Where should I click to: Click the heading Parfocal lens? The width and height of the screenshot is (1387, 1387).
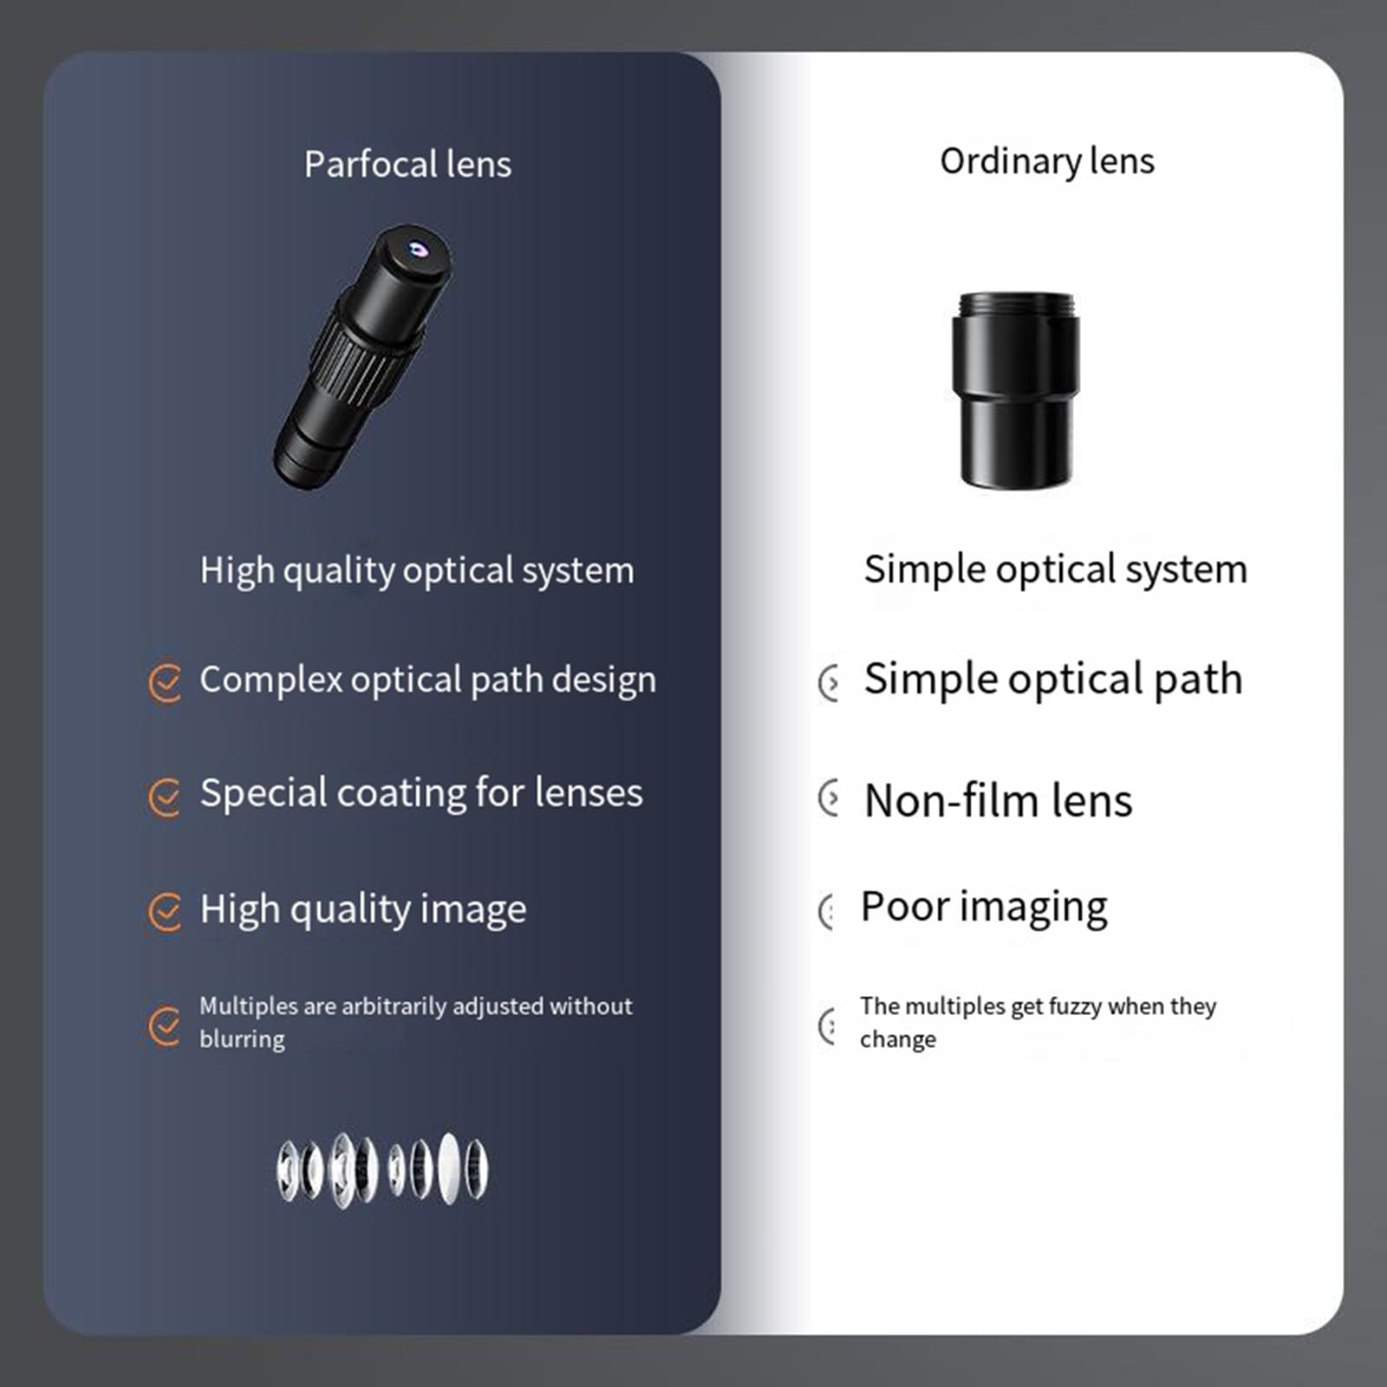(x=407, y=165)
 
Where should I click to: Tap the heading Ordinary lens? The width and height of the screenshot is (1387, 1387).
(x=1047, y=161)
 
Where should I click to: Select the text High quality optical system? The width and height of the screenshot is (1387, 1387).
(x=417, y=571)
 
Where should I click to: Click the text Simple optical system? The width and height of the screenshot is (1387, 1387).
(x=1056, y=570)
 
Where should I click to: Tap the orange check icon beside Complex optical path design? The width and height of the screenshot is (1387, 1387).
(x=164, y=683)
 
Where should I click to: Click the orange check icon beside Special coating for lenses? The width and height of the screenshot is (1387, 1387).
(x=164, y=797)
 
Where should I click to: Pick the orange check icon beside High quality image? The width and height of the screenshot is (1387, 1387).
(x=164, y=912)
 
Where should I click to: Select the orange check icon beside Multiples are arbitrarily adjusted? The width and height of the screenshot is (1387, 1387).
(x=164, y=1026)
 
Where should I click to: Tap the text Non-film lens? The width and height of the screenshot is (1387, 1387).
(x=998, y=800)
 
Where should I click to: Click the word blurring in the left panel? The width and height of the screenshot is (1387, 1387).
(x=242, y=1039)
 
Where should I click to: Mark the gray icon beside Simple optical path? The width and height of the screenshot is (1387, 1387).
(x=829, y=683)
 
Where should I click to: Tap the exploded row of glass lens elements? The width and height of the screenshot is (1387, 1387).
(x=382, y=1169)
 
